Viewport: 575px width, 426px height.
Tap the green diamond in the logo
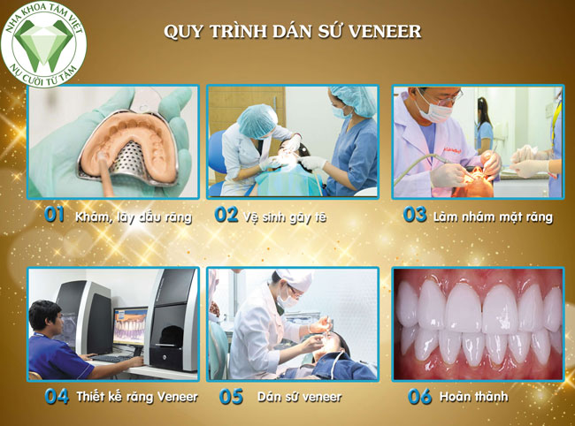(43, 43)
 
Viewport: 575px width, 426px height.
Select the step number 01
(55, 215)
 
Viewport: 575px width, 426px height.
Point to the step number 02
(226, 215)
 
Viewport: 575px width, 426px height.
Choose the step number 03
(415, 215)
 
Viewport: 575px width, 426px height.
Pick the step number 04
(57, 396)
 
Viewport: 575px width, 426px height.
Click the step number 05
(231, 396)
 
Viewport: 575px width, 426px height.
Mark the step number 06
(420, 396)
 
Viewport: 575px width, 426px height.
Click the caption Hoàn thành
(474, 396)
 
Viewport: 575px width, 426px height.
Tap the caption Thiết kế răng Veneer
(137, 397)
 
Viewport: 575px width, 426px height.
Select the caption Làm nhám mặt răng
(493, 217)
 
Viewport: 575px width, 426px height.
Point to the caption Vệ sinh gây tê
(284, 217)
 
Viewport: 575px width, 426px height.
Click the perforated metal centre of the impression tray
(133, 161)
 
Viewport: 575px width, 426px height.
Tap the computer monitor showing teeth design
(130, 327)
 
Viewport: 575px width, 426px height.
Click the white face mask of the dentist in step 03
(434, 110)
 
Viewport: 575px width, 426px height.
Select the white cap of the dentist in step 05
(295, 278)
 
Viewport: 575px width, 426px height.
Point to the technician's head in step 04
(45, 316)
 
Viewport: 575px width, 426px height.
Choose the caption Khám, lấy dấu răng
(134, 217)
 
